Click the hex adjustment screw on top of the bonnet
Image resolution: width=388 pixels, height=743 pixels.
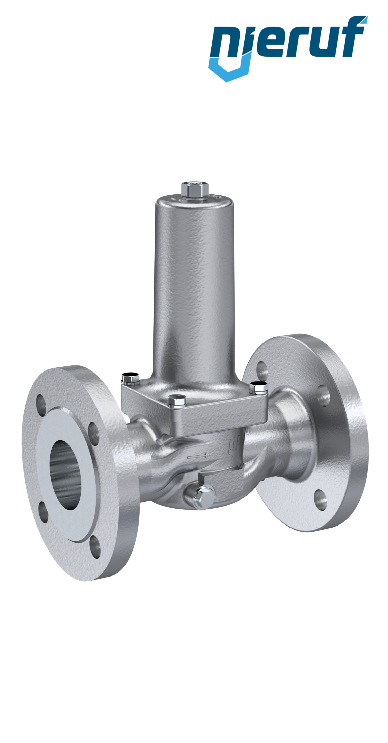[x=195, y=189]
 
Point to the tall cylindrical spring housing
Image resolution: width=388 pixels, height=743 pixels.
[x=194, y=287]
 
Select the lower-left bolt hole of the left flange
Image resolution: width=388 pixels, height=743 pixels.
[x=44, y=517]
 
